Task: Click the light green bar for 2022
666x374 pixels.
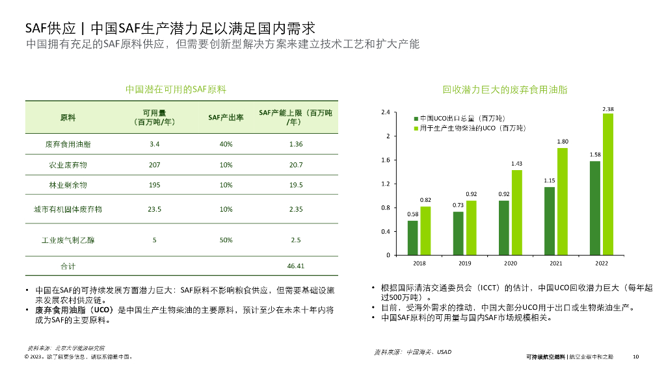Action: (607, 184)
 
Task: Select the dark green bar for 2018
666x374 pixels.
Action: (412, 238)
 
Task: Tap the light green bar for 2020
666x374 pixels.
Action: (516, 212)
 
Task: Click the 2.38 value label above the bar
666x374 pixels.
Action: (608, 108)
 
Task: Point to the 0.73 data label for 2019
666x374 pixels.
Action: (459, 205)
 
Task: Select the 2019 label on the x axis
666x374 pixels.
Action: (465, 264)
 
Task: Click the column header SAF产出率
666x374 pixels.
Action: (226, 118)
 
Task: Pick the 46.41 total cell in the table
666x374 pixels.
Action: (296, 266)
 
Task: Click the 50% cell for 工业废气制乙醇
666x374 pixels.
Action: (226, 240)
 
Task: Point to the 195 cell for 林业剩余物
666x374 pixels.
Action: (154, 185)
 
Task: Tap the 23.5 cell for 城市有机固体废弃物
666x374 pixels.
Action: (154, 210)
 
